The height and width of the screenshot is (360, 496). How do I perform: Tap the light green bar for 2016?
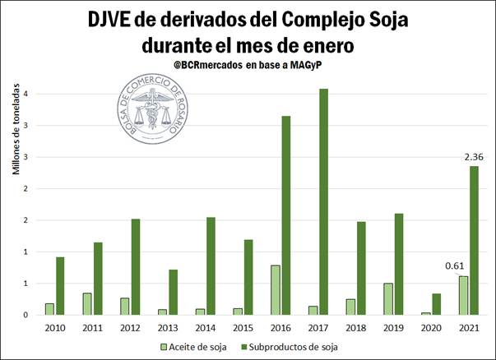tap(275, 290)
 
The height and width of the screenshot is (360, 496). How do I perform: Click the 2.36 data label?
tap(474, 157)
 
